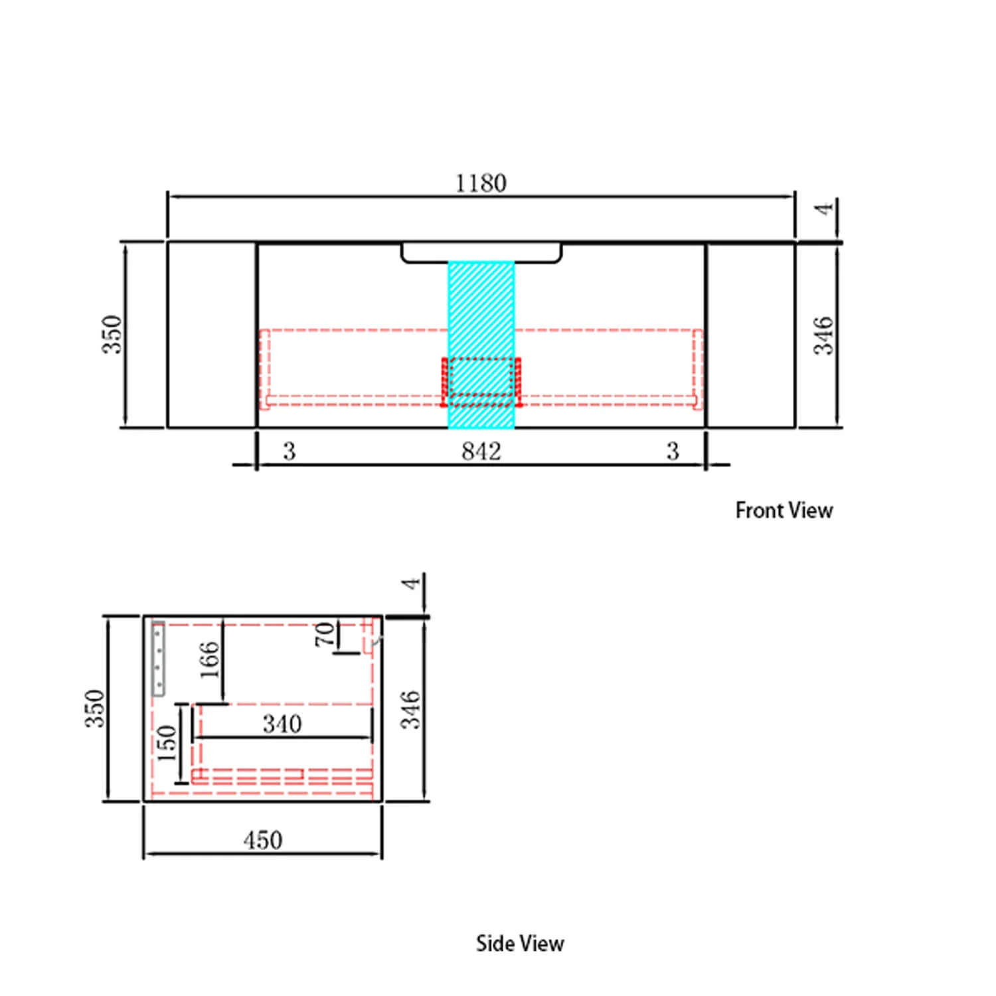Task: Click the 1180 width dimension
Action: pos(481,183)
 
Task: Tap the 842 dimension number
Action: pos(481,452)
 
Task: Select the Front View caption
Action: pos(784,510)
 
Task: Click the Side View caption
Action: pos(520,944)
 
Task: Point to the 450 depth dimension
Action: pos(263,841)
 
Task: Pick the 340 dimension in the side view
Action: pos(282,724)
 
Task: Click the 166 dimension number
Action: pos(209,659)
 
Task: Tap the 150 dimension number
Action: pos(167,742)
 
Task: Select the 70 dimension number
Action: pos(325,634)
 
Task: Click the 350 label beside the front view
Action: pos(112,335)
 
